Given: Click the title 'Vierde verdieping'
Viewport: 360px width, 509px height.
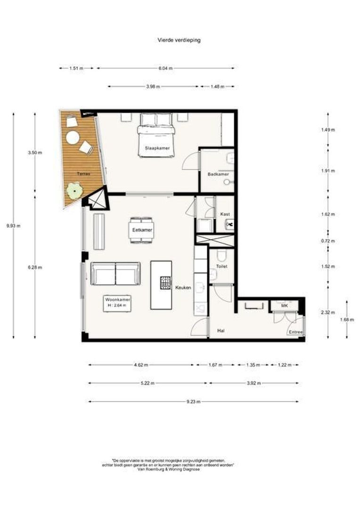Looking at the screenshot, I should (179, 40).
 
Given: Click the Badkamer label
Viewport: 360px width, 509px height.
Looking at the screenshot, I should (218, 174).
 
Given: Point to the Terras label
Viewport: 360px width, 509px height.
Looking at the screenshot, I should (84, 173).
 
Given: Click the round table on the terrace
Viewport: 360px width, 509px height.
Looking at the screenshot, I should (73, 137).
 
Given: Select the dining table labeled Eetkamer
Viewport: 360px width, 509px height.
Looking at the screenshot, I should (141, 230).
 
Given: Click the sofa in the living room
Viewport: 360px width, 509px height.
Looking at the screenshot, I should (115, 273).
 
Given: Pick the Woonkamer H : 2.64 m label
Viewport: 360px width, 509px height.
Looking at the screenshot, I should (118, 302).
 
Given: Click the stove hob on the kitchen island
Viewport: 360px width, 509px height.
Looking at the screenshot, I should (165, 282).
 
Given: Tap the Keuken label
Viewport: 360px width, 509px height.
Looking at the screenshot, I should (183, 287).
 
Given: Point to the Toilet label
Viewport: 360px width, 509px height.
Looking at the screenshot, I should (221, 266).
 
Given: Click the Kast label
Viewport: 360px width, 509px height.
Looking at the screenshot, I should (225, 214).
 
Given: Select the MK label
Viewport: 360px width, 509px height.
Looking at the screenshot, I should (284, 306).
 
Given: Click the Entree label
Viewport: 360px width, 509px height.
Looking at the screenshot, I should (295, 332).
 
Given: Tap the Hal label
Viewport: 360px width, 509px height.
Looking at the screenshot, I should (220, 331).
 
